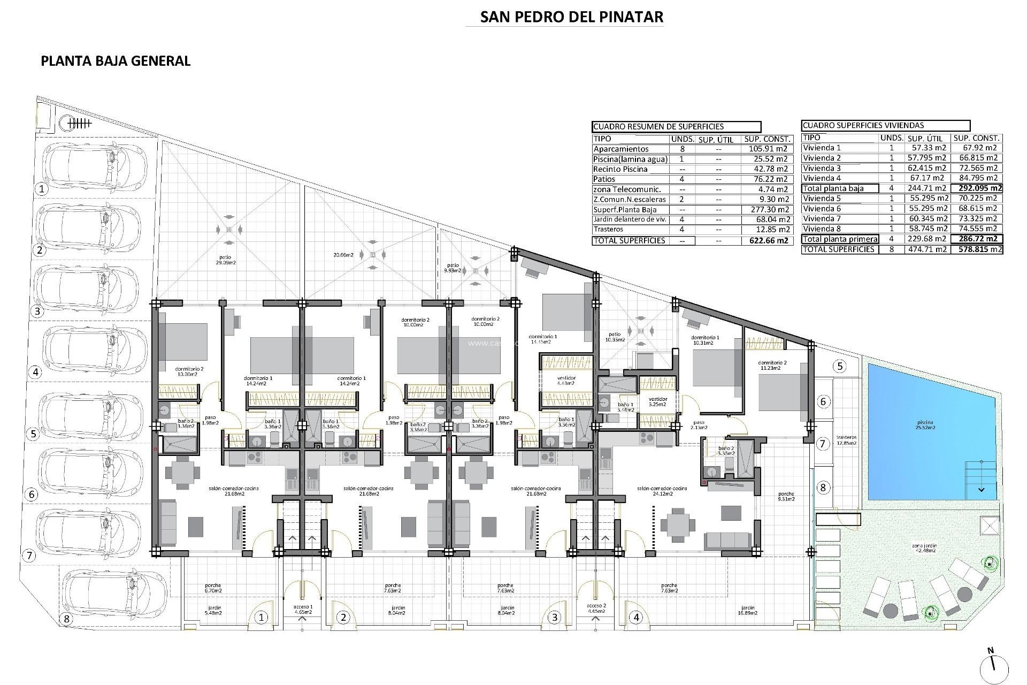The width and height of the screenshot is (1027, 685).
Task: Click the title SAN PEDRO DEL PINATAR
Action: coord(571,17)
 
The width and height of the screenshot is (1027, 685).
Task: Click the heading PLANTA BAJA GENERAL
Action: coord(116,61)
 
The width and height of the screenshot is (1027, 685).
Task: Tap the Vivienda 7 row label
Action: coord(822,218)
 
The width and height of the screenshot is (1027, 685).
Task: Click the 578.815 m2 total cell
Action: coord(977,249)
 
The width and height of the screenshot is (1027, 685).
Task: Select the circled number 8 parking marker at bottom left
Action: coord(66,619)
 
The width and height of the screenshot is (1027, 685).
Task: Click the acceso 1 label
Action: coord(302,608)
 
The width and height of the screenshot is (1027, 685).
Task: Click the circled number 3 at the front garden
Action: coord(555,618)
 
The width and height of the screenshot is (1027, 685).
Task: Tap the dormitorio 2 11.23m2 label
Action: coord(772,365)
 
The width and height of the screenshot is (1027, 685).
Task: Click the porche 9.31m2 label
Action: coord(786,496)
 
